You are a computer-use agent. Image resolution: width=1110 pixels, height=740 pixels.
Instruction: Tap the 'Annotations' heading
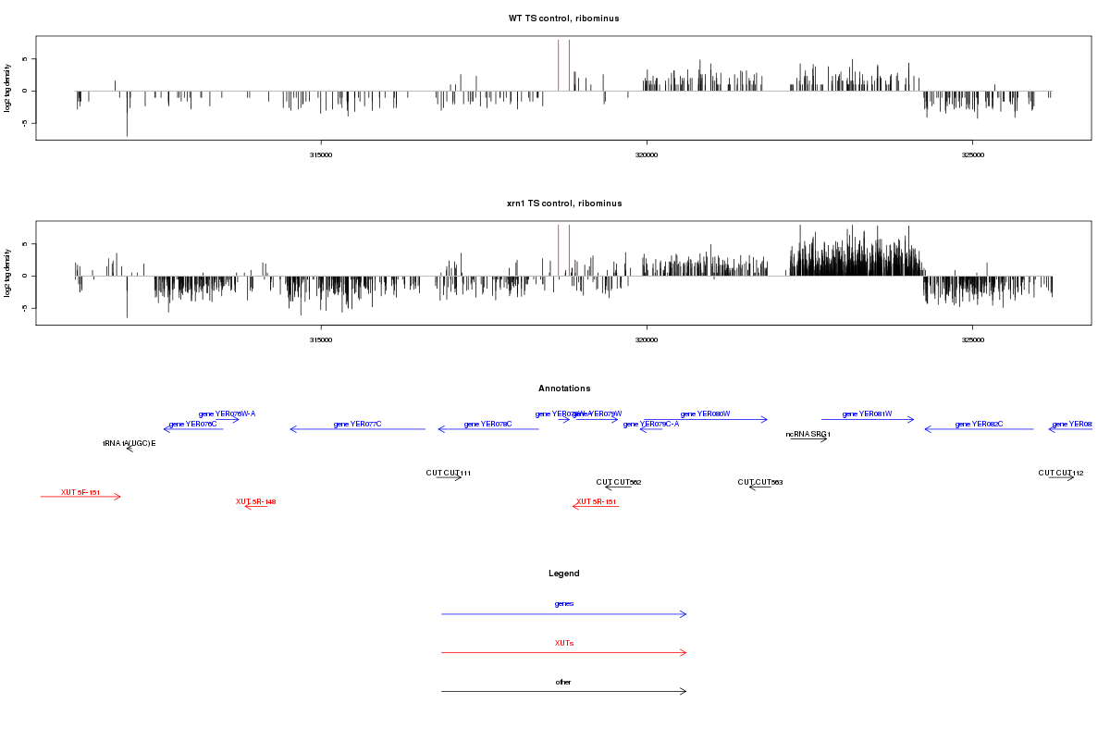point(564,388)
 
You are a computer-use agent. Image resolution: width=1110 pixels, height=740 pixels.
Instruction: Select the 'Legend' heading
point(564,573)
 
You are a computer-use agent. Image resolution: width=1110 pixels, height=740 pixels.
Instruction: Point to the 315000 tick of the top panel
point(321,154)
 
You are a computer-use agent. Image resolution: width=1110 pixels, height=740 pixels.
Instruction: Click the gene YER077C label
point(357,424)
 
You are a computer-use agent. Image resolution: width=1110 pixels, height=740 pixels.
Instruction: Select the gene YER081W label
point(867,414)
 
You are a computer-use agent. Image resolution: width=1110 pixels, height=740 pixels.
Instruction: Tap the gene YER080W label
point(705,414)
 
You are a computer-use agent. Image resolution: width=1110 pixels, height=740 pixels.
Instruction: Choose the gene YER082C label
point(979,424)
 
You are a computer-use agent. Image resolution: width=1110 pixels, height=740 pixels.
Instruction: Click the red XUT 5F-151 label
point(80,492)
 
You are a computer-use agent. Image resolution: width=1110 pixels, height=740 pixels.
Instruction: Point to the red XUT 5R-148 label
point(255,501)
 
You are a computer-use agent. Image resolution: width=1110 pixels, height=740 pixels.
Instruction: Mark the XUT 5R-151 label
point(596,501)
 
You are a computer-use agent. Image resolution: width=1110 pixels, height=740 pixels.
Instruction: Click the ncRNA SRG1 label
point(808,434)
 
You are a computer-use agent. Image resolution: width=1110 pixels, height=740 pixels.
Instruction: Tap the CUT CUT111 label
point(449,473)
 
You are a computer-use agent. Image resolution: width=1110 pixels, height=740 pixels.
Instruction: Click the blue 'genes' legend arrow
point(564,614)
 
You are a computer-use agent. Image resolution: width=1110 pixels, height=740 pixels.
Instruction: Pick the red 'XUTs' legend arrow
point(564,653)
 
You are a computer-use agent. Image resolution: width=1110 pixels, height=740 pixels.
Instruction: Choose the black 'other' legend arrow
point(564,692)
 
